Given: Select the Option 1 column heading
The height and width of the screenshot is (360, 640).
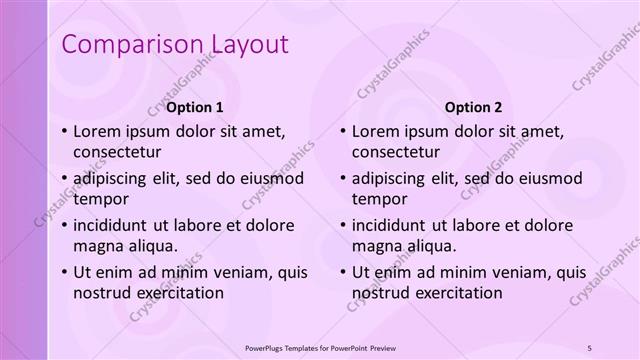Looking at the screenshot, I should (x=195, y=107).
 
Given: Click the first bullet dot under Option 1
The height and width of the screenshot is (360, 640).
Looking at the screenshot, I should (x=64, y=132).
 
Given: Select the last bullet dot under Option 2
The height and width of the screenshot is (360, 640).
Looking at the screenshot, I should (x=344, y=272).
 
